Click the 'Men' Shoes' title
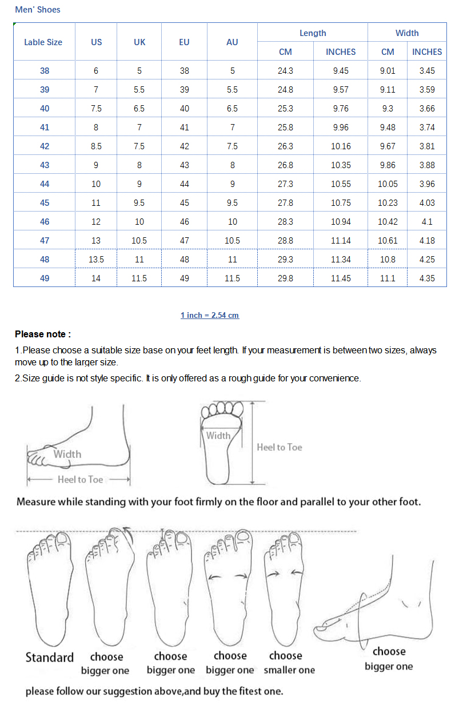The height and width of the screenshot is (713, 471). (38, 10)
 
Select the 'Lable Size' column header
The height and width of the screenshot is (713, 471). (43, 42)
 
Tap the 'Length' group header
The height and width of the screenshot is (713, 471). (313, 33)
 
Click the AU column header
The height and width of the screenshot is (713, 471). (232, 42)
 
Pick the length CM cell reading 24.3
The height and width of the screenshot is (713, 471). (285, 71)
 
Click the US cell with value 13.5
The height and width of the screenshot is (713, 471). (96, 260)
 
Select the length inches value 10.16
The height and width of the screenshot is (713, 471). (341, 146)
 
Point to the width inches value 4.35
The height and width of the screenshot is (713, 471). (427, 278)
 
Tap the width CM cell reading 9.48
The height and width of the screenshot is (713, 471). (388, 128)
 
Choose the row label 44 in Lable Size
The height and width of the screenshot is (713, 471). (45, 184)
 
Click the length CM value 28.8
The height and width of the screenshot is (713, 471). (285, 241)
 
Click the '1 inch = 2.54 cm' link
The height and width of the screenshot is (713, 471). (210, 315)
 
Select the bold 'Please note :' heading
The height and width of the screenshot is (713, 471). (43, 334)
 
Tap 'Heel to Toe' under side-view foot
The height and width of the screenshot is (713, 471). (80, 479)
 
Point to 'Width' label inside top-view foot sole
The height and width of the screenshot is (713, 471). (218, 435)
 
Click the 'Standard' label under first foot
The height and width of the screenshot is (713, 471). (50, 658)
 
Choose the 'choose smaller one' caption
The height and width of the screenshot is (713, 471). (289, 663)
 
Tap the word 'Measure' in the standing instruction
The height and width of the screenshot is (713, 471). (37, 501)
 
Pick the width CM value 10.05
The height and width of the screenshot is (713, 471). (388, 184)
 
